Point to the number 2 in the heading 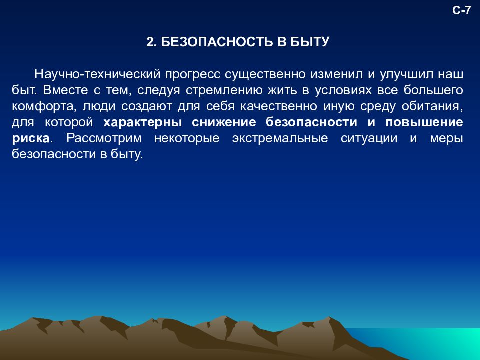tap(149, 42)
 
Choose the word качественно tap(281, 106)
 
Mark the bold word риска tap(30, 138)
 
